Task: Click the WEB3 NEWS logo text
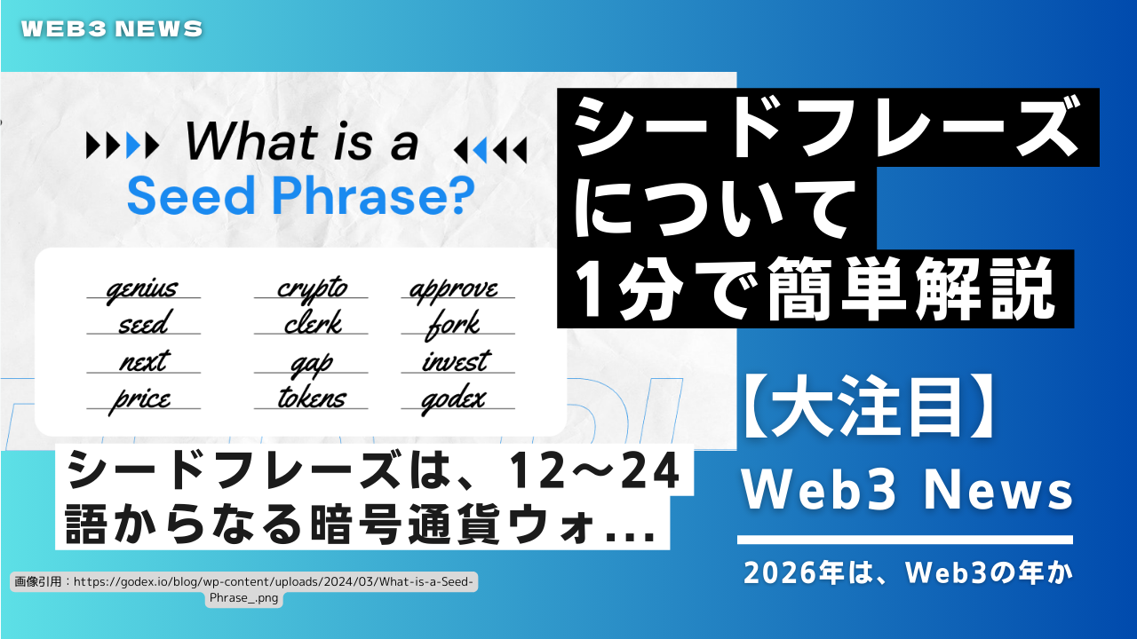[x=112, y=29]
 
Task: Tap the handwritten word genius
[x=142, y=289]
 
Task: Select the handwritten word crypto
[x=312, y=289]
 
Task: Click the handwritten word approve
[x=453, y=290]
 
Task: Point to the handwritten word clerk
[x=313, y=323]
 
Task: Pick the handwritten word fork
[x=453, y=325]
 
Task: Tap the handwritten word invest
[x=457, y=361]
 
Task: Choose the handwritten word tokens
[x=312, y=397]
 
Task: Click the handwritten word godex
[x=453, y=400]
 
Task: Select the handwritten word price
[x=139, y=400]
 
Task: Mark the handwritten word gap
[x=311, y=365]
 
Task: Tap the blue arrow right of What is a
[x=480, y=150]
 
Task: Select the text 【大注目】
[x=870, y=407]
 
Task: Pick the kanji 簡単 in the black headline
[x=837, y=289]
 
